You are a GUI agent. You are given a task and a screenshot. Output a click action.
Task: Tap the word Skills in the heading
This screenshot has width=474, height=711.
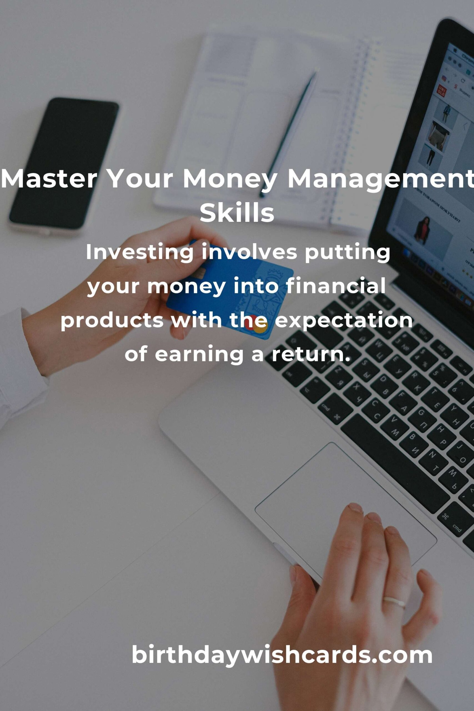(237, 213)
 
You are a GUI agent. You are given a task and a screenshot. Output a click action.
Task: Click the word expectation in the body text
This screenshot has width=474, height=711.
(344, 321)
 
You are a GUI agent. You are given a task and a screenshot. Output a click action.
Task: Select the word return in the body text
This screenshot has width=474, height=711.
(311, 354)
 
